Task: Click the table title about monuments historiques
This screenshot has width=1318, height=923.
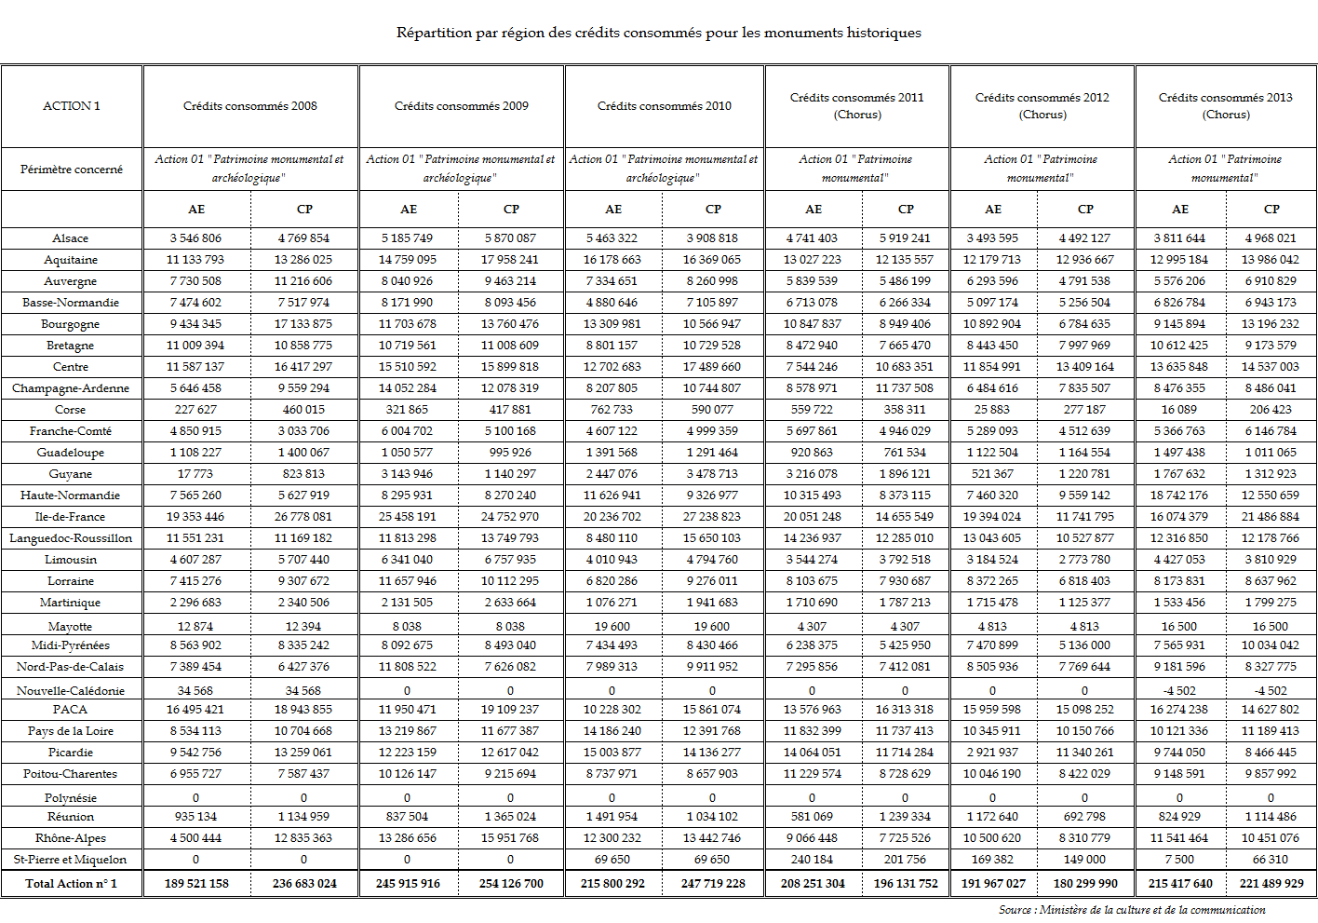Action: tap(658, 33)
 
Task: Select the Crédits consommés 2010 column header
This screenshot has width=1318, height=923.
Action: tap(664, 106)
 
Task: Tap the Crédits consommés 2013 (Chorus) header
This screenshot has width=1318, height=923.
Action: tap(1225, 106)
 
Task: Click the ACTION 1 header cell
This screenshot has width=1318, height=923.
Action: tap(72, 106)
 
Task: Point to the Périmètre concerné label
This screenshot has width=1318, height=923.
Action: tap(72, 170)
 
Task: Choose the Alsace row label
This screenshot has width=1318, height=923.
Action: tap(71, 238)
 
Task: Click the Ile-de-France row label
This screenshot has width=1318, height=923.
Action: tap(71, 517)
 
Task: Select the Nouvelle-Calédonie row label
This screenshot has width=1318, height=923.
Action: tap(71, 691)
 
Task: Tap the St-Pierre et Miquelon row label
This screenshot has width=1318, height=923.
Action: tap(71, 860)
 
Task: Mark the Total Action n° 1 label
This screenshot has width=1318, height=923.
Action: tap(72, 884)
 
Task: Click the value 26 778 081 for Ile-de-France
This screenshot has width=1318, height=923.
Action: tap(303, 517)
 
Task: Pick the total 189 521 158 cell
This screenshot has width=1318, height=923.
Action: tap(196, 884)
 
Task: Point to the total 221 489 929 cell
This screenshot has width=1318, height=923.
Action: tap(1271, 884)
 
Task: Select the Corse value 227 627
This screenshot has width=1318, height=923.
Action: tap(195, 410)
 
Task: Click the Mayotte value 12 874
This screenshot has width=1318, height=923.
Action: tap(195, 627)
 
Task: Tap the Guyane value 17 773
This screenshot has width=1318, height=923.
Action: tap(195, 474)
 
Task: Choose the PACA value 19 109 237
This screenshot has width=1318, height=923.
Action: tap(510, 710)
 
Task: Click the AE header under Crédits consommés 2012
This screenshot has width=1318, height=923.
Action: tap(993, 210)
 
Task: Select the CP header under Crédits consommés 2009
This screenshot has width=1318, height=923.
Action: tap(511, 210)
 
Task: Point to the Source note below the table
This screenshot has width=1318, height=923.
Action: tap(1132, 910)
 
